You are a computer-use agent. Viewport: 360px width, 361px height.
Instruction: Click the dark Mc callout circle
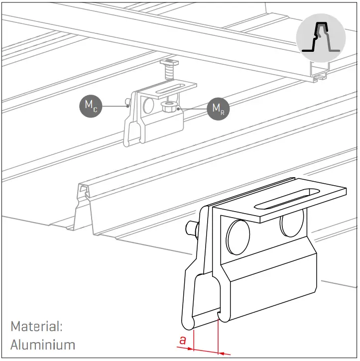[90, 106]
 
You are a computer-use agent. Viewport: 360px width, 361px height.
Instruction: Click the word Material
[36, 327]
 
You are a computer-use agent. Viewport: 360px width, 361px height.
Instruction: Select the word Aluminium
[43, 344]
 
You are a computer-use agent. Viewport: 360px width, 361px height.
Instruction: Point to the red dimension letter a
[183, 341]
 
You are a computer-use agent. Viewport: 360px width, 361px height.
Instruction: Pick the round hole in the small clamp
[148, 106]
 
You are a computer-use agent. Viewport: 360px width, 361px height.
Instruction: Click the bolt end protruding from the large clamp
[191, 229]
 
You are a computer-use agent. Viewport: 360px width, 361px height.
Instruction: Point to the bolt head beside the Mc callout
[127, 104]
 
